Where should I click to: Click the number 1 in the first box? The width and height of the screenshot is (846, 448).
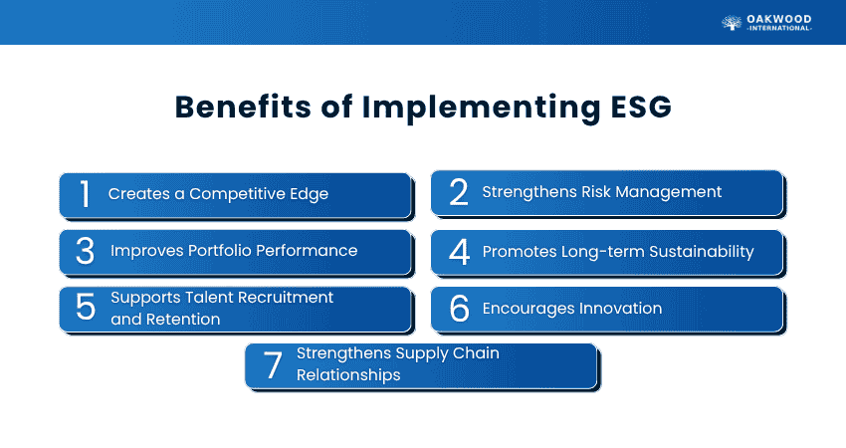pos(86,194)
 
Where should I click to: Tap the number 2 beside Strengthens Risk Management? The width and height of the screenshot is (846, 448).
pos(459,192)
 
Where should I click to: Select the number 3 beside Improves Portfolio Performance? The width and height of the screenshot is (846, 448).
pos(86,251)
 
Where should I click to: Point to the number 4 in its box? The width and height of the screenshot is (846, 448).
pos(459,252)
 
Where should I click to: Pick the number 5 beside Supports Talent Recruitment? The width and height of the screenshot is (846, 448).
pos(86,308)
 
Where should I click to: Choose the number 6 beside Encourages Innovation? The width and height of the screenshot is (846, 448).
pos(459,309)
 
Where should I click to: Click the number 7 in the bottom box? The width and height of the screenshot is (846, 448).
pos(273,365)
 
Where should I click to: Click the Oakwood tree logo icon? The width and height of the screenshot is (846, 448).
pos(731,23)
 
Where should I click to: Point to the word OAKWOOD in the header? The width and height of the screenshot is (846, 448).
pos(779,17)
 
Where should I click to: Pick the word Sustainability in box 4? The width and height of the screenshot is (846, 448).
pos(699,252)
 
